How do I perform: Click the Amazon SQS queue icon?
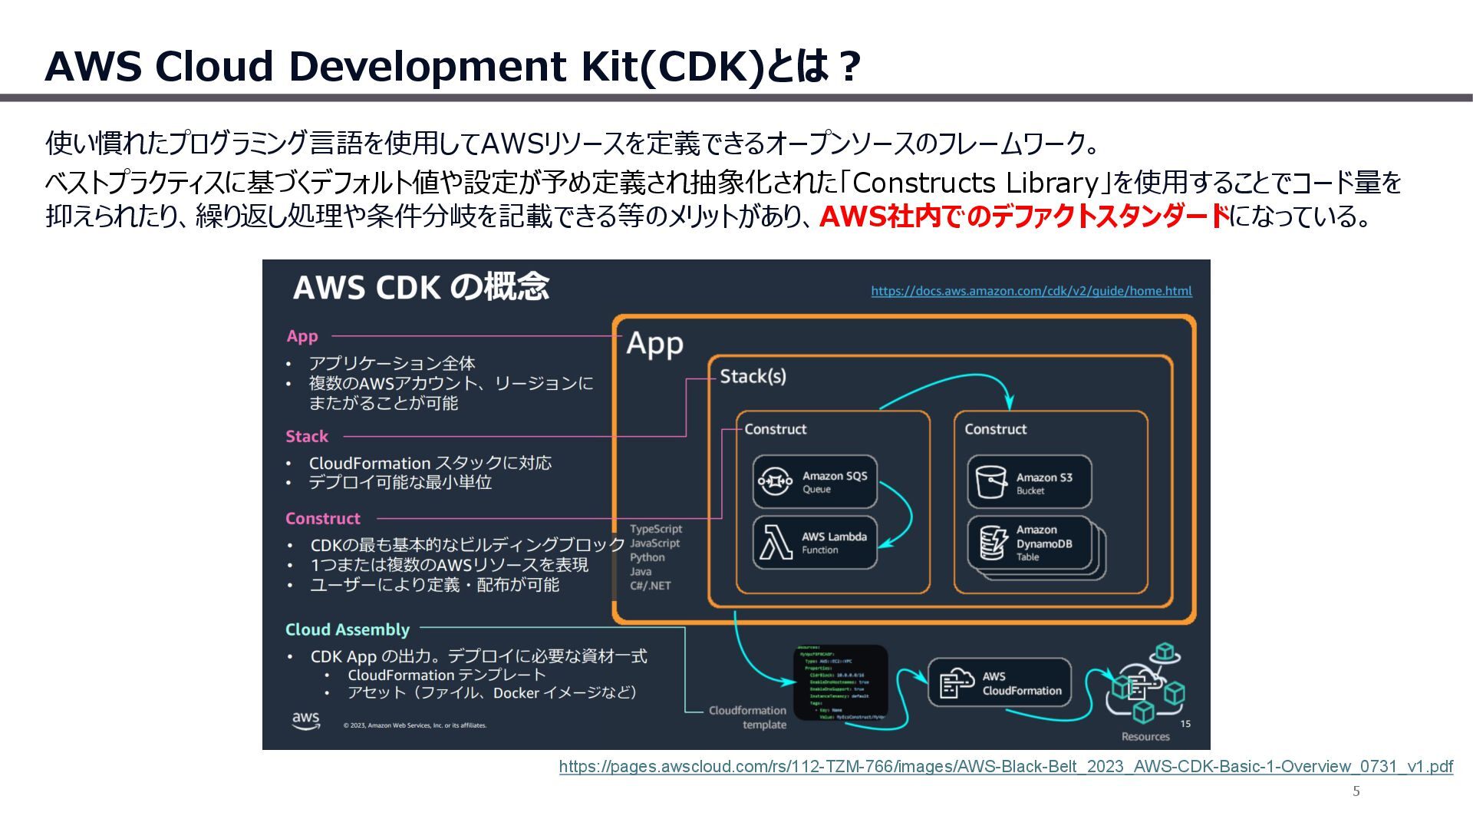[775, 481]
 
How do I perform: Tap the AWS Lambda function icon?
[776, 543]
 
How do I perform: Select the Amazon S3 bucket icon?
[990, 482]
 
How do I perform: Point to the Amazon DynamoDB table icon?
[994, 543]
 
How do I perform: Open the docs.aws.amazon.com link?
[1031, 291]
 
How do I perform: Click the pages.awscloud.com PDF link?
[1006, 766]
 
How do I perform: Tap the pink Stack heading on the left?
[307, 437]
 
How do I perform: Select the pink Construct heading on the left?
[323, 519]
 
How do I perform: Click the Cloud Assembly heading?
[348, 629]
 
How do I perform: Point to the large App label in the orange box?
[654, 344]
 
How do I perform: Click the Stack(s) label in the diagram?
[753, 376]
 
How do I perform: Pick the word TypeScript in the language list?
[656, 529]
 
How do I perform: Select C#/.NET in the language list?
[651, 586]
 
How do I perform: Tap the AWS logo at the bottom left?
[306, 720]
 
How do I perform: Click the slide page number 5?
[1356, 791]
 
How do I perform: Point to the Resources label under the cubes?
[1145, 737]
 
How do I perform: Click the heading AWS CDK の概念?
[421, 287]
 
